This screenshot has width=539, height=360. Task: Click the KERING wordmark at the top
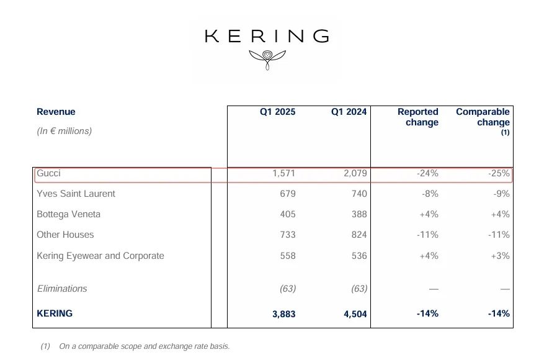tap(267, 36)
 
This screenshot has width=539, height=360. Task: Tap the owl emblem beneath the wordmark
tap(267, 58)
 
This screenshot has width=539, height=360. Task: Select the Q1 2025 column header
tap(277, 112)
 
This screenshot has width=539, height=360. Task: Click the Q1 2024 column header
tap(349, 112)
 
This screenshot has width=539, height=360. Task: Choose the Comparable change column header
tap(483, 117)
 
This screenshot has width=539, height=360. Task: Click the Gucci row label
tap(49, 174)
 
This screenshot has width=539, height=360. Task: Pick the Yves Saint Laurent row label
tap(76, 194)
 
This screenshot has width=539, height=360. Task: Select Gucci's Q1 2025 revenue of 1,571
tap(283, 174)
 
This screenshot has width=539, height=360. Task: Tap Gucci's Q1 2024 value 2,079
tap(355, 174)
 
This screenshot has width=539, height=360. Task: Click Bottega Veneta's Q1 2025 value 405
tap(287, 214)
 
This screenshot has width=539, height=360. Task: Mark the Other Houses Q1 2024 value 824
tap(358, 235)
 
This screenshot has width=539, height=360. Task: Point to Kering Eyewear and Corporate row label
tap(100, 256)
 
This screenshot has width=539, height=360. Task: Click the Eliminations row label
tap(62, 289)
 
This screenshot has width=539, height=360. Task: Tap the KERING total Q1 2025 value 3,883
tap(283, 314)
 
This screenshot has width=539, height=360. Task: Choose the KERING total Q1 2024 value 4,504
tap(355, 314)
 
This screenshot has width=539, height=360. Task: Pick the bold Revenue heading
tap(56, 112)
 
